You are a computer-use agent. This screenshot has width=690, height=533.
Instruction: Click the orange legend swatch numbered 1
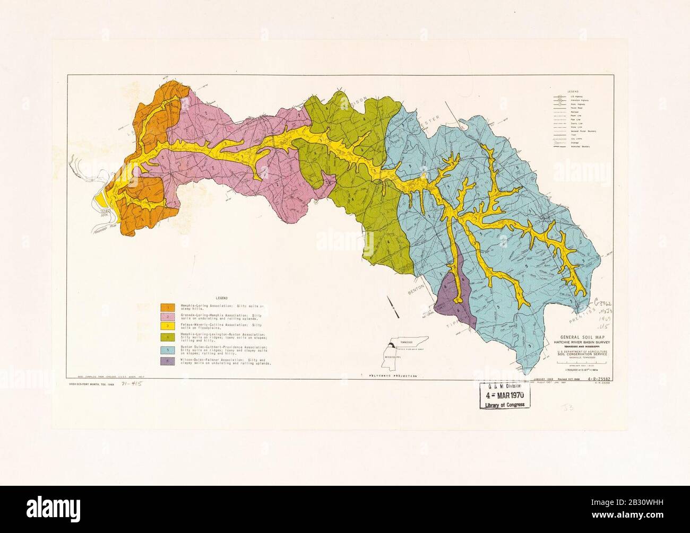[x=168, y=307]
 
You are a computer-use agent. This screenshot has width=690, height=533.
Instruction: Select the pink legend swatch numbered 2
[x=168, y=317]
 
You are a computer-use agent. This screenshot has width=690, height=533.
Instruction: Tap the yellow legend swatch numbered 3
[x=168, y=327]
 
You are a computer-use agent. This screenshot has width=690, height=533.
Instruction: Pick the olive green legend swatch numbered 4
[x=168, y=337]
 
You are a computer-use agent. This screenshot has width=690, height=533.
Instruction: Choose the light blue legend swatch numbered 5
[x=168, y=350]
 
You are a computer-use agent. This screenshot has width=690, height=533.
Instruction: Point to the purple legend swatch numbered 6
[x=168, y=362]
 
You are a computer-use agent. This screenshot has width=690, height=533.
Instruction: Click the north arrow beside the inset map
[x=392, y=307]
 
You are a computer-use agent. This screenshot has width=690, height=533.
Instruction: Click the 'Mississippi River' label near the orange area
[x=104, y=231]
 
